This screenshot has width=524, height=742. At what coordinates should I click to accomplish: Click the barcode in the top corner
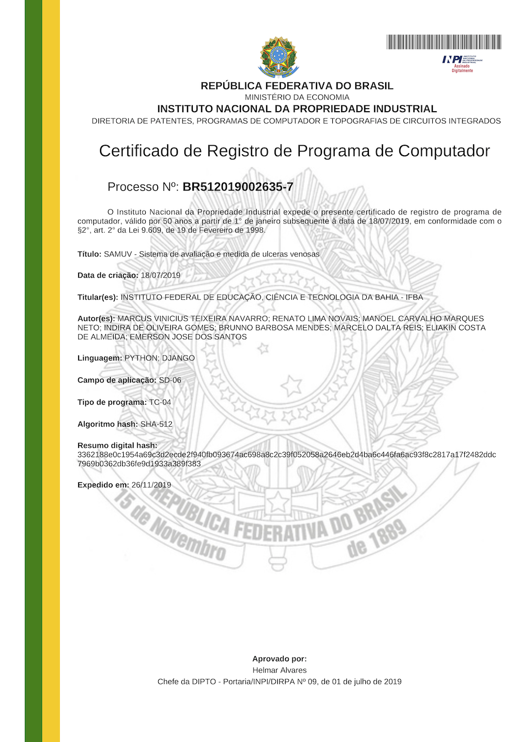tap(444, 42)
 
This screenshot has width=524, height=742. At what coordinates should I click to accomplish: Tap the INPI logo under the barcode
tap(462, 62)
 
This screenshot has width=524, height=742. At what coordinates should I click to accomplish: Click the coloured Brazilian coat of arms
tap(278, 57)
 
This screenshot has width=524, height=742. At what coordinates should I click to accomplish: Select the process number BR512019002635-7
tap(238, 187)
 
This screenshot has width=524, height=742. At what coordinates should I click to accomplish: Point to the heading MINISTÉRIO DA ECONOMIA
tap(297, 97)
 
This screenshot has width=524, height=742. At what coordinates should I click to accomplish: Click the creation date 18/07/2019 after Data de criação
tap(160, 275)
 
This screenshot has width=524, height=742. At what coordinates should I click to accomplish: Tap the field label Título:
tap(89, 254)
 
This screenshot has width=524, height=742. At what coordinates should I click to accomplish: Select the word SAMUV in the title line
tap(118, 254)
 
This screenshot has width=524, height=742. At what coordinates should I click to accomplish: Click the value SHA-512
tap(156, 424)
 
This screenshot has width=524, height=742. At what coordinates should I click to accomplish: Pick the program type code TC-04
tap(160, 402)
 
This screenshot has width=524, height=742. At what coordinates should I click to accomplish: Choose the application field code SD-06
tap(170, 380)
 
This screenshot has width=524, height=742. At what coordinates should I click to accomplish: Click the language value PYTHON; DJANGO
tap(159, 358)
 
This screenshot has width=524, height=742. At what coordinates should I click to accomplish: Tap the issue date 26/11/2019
tap(151, 485)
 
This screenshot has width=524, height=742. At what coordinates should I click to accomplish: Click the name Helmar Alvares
tap(279, 670)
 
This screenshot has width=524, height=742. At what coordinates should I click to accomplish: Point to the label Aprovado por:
tap(279, 659)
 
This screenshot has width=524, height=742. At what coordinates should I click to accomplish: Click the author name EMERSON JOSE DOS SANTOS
tap(188, 337)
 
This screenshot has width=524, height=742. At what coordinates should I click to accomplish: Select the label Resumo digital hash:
tap(117, 445)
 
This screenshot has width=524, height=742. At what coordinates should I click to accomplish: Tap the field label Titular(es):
tap(98, 297)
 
